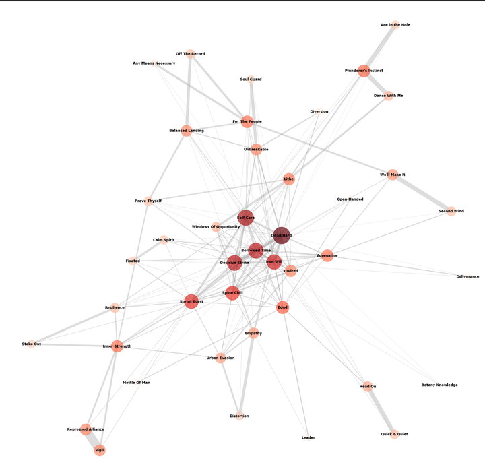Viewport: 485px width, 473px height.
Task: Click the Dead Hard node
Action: (282, 235)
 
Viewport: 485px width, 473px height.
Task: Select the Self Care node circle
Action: (246, 218)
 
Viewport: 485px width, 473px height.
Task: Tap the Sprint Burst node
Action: (191, 301)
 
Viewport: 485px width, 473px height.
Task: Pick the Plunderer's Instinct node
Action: (364, 71)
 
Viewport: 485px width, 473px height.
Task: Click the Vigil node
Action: (100, 450)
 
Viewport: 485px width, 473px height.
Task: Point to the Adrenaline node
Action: (327, 255)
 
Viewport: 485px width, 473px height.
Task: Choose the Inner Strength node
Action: (117, 346)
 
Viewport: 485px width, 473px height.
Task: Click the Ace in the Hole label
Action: (395, 25)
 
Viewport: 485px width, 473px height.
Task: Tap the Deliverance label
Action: (467, 276)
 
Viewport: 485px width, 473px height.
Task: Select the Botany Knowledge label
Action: (439, 385)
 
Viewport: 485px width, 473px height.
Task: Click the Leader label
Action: (309, 437)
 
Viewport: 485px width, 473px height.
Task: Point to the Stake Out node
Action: (32, 344)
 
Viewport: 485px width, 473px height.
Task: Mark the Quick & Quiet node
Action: (394, 434)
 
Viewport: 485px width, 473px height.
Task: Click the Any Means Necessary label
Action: (154, 63)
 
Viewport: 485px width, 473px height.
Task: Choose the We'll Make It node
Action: (393, 175)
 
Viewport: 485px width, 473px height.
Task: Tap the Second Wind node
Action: (451, 211)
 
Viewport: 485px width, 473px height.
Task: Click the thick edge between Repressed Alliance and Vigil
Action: (93, 440)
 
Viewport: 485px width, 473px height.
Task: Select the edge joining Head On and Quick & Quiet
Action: (381, 410)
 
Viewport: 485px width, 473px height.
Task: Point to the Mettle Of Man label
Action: (136, 383)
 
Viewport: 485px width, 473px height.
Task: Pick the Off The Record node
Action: (190, 53)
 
